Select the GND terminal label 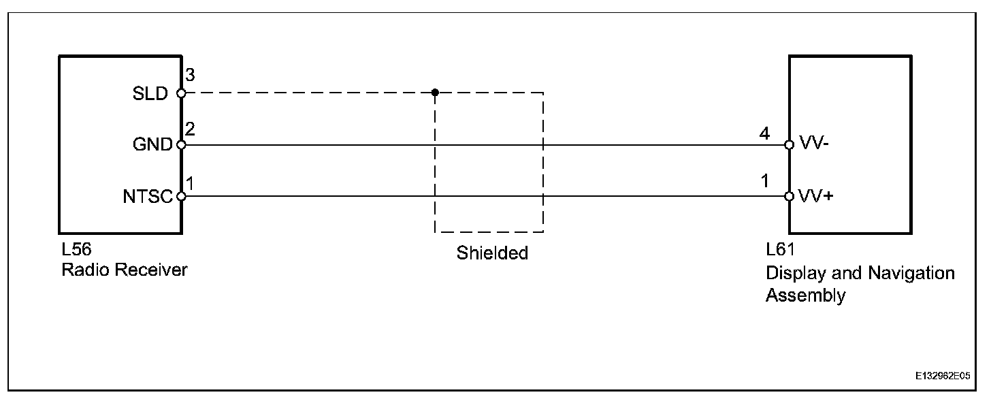[x=152, y=145]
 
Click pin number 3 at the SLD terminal [x=190, y=75]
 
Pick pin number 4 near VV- [x=764, y=134]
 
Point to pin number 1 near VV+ [x=765, y=183]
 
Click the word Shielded [x=492, y=254]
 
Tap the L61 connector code [x=780, y=250]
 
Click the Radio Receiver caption [x=124, y=270]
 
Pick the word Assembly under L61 [x=805, y=296]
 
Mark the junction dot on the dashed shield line [x=435, y=93]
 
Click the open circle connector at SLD [x=181, y=93]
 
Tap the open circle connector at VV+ [x=789, y=197]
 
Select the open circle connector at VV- [x=789, y=145]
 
